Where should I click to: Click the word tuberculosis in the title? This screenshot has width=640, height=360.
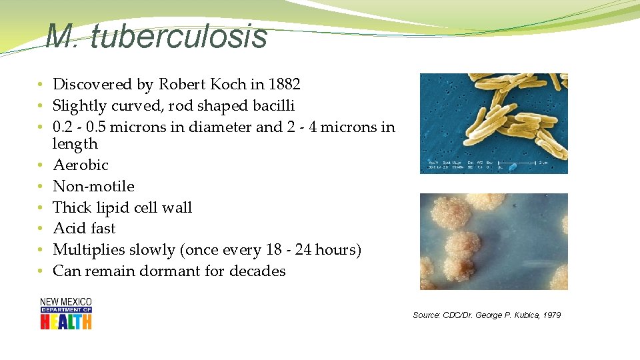(x=179, y=37)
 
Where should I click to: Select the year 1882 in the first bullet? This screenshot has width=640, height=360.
(x=285, y=84)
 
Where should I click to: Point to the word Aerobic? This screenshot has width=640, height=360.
(x=81, y=165)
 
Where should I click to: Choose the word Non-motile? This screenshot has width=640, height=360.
(x=93, y=186)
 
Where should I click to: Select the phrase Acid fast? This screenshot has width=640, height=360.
(x=84, y=228)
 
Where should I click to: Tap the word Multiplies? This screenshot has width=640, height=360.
(x=87, y=250)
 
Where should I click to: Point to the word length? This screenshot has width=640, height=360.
(x=75, y=144)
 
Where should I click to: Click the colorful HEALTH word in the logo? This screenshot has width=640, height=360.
(x=66, y=321)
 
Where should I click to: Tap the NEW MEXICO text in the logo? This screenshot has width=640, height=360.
(x=66, y=302)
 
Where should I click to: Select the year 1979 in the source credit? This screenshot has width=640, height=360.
(x=551, y=315)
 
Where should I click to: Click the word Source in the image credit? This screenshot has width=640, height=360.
(x=426, y=315)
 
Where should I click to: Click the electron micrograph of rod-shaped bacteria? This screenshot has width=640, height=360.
(x=493, y=123)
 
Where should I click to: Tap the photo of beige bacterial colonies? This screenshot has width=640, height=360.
(x=493, y=241)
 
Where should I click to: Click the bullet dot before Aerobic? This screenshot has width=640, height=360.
(x=41, y=165)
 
